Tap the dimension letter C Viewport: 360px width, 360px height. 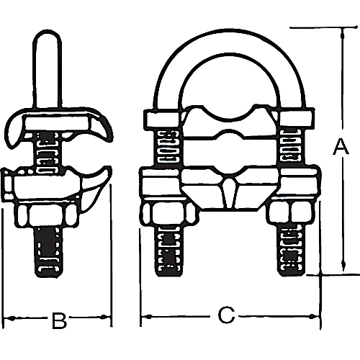226,315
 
